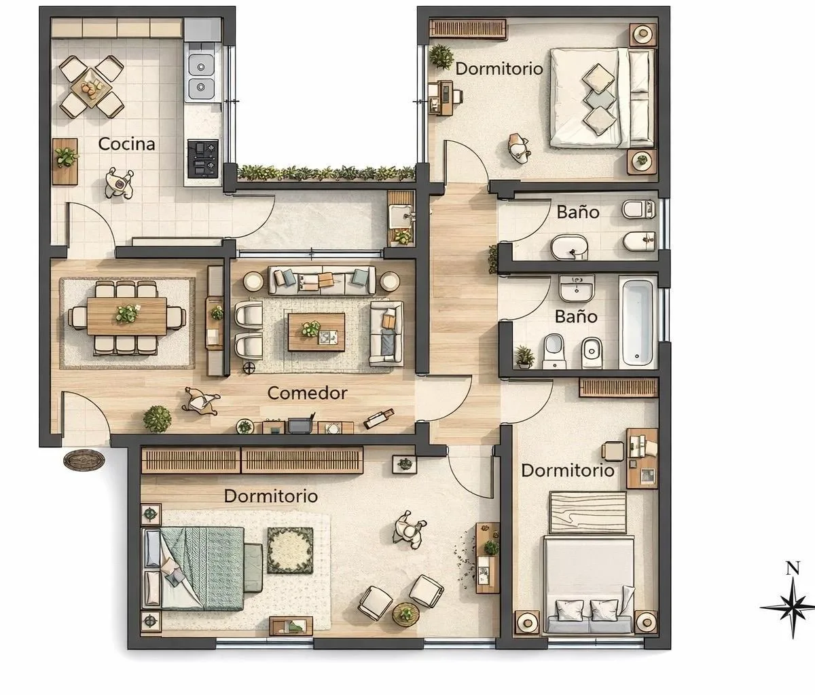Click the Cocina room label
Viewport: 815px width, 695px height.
[x=126, y=144]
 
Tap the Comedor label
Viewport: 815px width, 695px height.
[x=307, y=393]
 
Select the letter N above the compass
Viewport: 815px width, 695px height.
[x=793, y=569]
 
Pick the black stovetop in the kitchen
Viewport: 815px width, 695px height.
[x=203, y=158]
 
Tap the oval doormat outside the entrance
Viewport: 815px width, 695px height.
[x=84, y=459]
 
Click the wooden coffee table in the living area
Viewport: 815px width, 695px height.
[x=316, y=332]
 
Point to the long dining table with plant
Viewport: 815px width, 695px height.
[x=126, y=316]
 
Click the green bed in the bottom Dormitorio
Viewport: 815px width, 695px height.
[x=201, y=569]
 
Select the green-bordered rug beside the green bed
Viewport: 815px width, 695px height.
[x=291, y=550]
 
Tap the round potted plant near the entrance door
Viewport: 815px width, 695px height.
[x=157, y=419]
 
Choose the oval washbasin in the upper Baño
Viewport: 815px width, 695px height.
[x=569, y=248]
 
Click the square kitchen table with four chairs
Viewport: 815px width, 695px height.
[x=92, y=87]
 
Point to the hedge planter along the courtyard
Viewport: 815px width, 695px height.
[x=327, y=173]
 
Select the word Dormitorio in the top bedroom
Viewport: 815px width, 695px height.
[x=499, y=69]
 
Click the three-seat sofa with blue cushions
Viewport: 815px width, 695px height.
[x=322, y=280]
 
